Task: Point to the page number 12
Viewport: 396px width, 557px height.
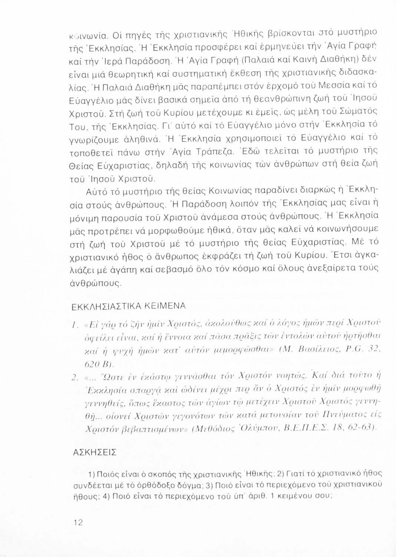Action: coord(78,522)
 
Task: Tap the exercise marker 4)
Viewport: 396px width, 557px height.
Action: coord(105,496)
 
